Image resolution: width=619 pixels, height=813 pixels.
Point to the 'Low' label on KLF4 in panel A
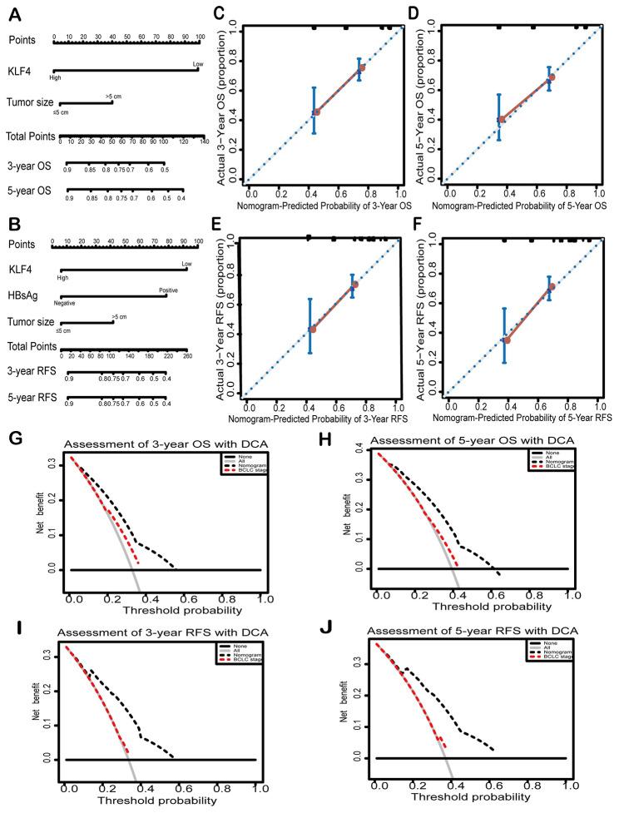198,63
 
